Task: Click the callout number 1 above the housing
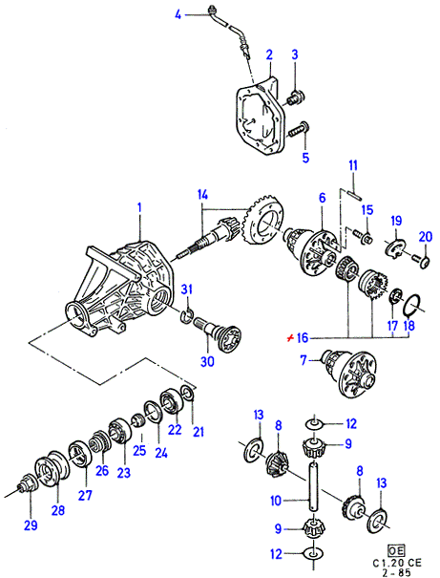pyautogui.click(x=139, y=208)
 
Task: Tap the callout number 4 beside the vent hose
pyautogui.click(x=178, y=15)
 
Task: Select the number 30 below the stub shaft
pyautogui.click(x=207, y=361)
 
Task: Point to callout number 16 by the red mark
pyautogui.click(x=303, y=338)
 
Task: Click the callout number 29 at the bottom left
pyautogui.click(x=31, y=525)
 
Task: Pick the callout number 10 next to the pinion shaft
pyautogui.click(x=276, y=501)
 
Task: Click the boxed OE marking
pyautogui.click(x=396, y=550)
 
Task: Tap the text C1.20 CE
pyautogui.click(x=397, y=563)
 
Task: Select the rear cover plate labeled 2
pyautogui.click(x=260, y=118)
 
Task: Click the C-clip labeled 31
pyautogui.click(x=187, y=315)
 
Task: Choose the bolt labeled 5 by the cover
pyautogui.click(x=298, y=130)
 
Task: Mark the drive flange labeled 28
pyautogui.click(x=52, y=467)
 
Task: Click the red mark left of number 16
pyautogui.click(x=291, y=337)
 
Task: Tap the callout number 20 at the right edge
pyautogui.click(x=426, y=236)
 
